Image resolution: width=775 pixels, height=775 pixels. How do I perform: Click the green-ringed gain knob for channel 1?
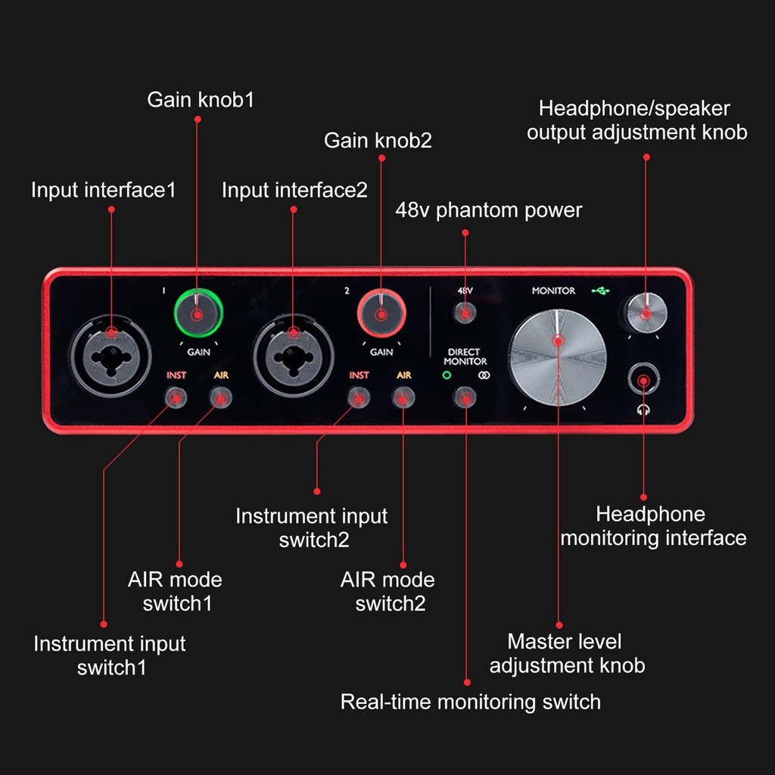click(x=198, y=313)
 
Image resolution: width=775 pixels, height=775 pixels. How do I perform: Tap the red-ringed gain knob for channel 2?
click(x=381, y=313)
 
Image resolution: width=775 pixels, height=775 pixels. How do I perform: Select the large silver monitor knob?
click(x=558, y=357)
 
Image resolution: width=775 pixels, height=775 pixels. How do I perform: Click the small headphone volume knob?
click(x=646, y=313)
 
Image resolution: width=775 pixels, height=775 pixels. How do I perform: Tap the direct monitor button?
click(x=465, y=397)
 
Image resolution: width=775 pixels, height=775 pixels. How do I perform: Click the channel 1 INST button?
click(x=176, y=397)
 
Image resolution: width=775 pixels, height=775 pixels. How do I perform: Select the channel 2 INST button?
click(x=358, y=397)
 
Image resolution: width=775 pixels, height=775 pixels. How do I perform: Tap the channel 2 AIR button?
click(x=403, y=397)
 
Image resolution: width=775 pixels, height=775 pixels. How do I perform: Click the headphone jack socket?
click(x=643, y=380)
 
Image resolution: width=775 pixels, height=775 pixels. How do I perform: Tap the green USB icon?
click(x=600, y=291)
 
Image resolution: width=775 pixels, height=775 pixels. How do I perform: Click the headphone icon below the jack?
click(x=643, y=409)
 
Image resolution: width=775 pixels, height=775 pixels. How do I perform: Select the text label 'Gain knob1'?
click(x=201, y=100)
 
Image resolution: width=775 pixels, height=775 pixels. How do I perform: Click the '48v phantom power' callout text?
click(x=489, y=210)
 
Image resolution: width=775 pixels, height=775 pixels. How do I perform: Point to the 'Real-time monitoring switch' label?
click(x=471, y=702)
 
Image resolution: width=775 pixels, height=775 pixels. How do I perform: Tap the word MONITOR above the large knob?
click(x=553, y=291)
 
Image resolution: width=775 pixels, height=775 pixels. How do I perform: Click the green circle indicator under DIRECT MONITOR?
click(x=447, y=375)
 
